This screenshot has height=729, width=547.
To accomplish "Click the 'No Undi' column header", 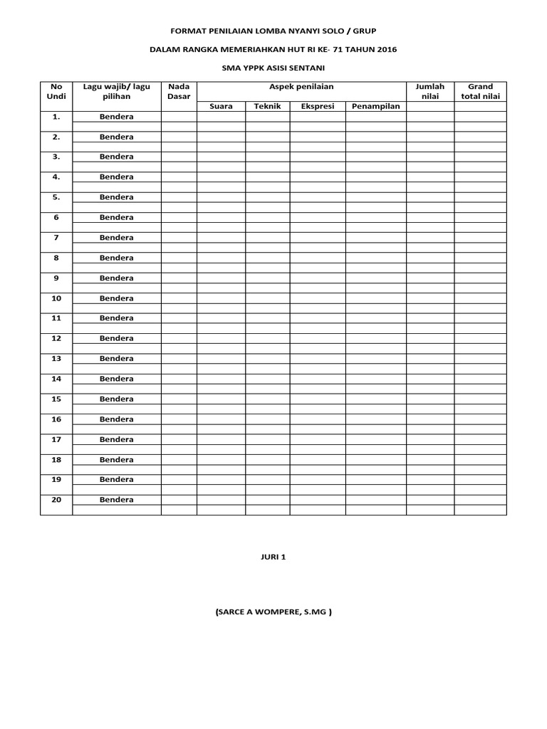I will (x=56, y=91).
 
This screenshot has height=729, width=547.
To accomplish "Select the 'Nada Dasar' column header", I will (x=179, y=91).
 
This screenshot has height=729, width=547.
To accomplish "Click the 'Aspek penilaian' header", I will (x=301, y=86).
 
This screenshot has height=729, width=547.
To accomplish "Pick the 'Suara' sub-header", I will (x=221, y=106).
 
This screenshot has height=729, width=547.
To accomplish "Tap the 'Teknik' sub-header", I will (x=267, y=106).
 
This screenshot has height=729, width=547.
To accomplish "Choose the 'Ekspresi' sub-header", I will (x=317, y=106).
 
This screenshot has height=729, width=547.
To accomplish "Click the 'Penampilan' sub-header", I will (x=375, y=106).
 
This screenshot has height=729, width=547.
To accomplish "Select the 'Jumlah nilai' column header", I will (x=429, y=91).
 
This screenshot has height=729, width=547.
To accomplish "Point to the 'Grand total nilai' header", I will (x=480, y=91).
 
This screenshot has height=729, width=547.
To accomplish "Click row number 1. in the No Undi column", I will (x=56, y=116).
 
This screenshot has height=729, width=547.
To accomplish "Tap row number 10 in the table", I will (x=56, y=298).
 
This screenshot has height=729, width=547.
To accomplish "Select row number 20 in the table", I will (x=56, y=499).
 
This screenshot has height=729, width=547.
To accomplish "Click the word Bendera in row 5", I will (x=116, y=196).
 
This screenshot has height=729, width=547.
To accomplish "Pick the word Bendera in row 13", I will (x=116, y=358).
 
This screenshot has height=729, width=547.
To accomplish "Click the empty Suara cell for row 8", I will (x=221, y=257).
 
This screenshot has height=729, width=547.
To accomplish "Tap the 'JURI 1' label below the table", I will (x=273, y=557).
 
